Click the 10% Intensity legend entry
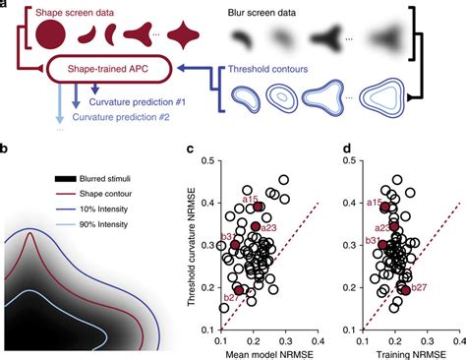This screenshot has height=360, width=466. tap(102, 209)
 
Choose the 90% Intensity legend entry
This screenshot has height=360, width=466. tap(102, 223)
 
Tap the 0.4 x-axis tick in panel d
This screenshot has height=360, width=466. tap(458, 338)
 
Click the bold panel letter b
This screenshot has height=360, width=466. tap(7, 149)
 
